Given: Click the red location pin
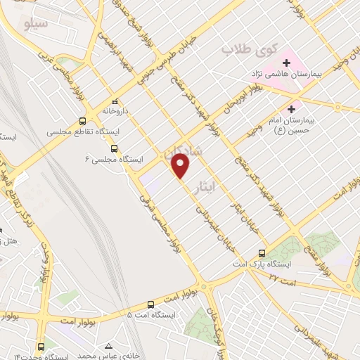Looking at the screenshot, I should pyautogui.click(x=181, y=166).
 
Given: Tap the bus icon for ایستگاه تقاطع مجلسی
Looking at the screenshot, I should pyautogui.click(x=82, y=120).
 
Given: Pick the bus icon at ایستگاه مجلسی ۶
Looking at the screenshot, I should pyautogui.click(x=114, y=148).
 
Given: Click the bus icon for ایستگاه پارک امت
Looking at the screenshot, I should pyautogui.click(x=262, y=252).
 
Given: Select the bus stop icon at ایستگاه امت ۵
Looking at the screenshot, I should pyautogui.click(x=151, y=304).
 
